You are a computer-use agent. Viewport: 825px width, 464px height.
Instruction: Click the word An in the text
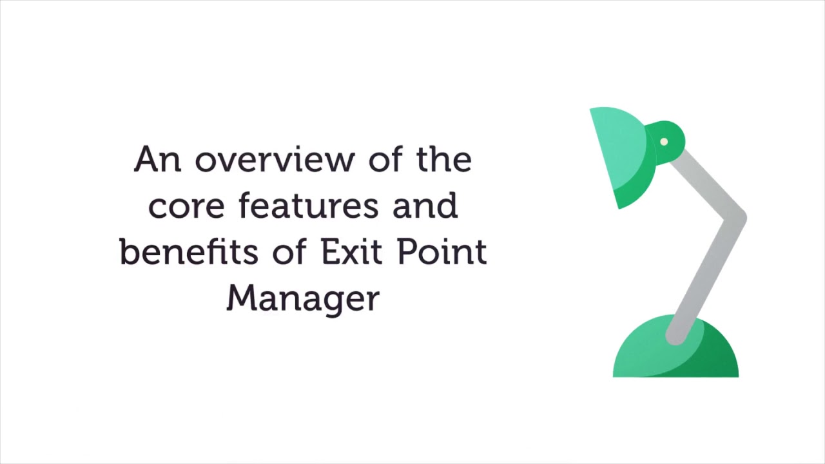click(157, 159)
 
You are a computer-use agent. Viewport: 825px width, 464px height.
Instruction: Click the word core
click(186, 206)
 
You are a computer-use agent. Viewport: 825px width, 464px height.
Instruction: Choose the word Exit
click(352, 251)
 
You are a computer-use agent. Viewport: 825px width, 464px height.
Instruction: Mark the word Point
click(442, 251)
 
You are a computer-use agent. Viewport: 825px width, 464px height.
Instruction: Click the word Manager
click(303, 298)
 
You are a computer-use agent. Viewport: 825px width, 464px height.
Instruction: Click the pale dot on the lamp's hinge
click(664, 142)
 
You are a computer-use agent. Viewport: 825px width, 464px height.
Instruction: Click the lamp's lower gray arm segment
click(706, 277)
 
